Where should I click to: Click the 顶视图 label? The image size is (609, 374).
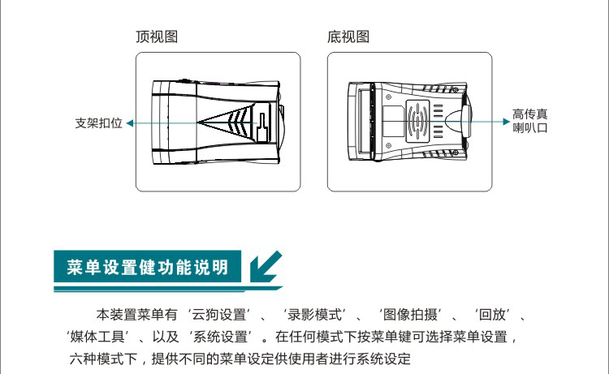point(157,37)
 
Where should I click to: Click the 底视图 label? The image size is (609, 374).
point(348,37)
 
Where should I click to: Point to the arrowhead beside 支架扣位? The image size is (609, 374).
point(131,123)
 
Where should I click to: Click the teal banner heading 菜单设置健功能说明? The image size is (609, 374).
point(147,267)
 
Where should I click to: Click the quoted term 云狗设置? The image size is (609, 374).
point(222,314)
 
